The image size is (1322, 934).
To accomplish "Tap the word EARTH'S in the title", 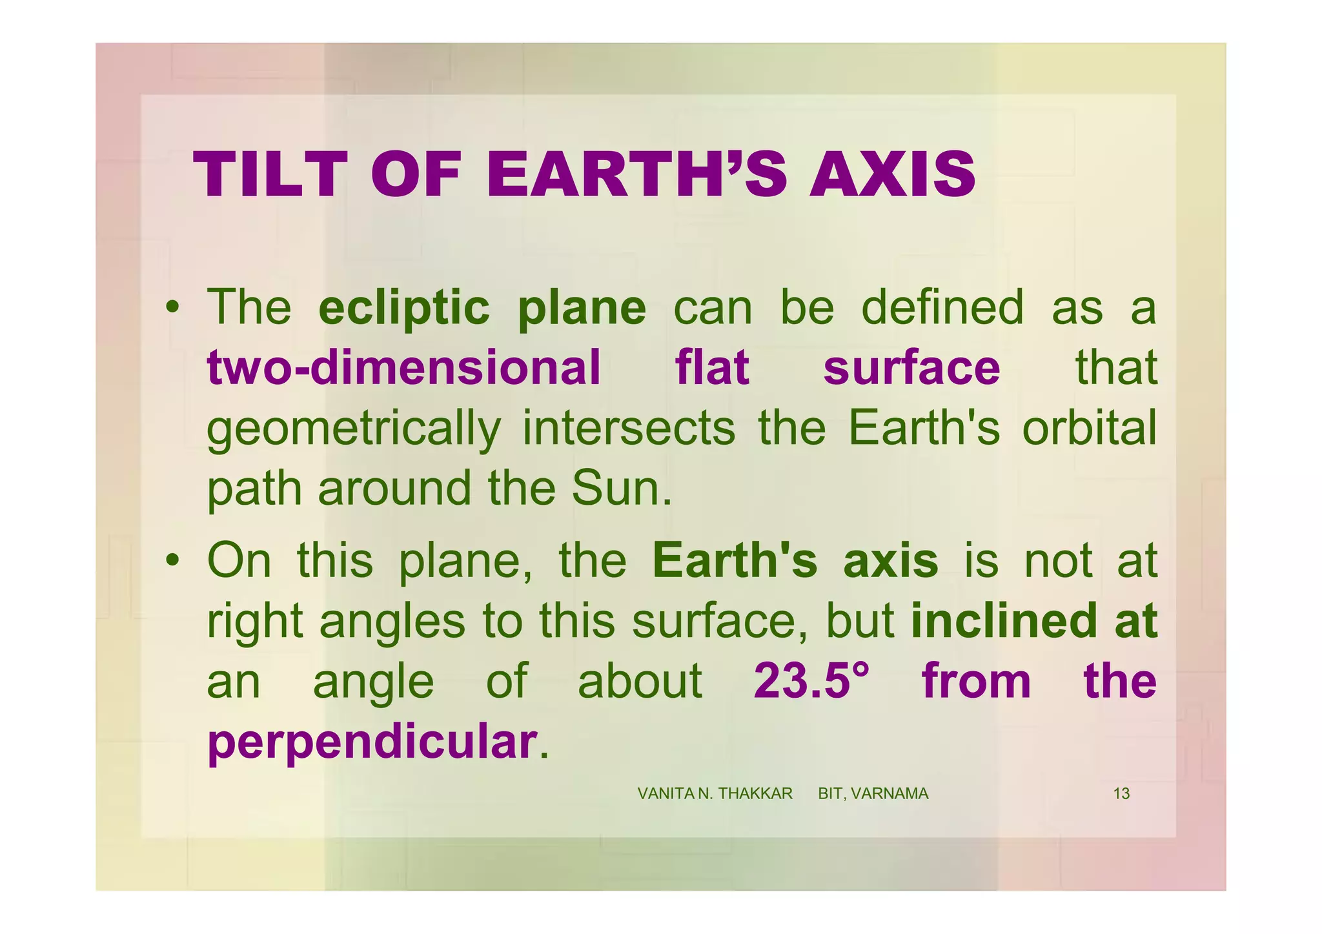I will [635, 175].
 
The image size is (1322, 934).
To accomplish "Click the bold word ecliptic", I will [404, 308].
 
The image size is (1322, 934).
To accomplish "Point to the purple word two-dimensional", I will [403, 368].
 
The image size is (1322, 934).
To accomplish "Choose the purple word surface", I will [911, 368].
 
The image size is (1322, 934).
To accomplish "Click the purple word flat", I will [711, 368].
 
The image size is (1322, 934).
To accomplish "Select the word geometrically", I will [353, 430].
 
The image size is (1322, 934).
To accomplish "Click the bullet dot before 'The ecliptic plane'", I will [172, 309].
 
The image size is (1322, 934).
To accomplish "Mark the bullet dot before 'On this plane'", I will [172, 560].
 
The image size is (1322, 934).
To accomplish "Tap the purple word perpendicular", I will [372, 742].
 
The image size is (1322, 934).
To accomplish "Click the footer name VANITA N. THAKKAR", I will [715, 794].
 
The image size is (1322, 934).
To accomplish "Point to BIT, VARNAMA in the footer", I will [873, 794].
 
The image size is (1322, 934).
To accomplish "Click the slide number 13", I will [1121, 794].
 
